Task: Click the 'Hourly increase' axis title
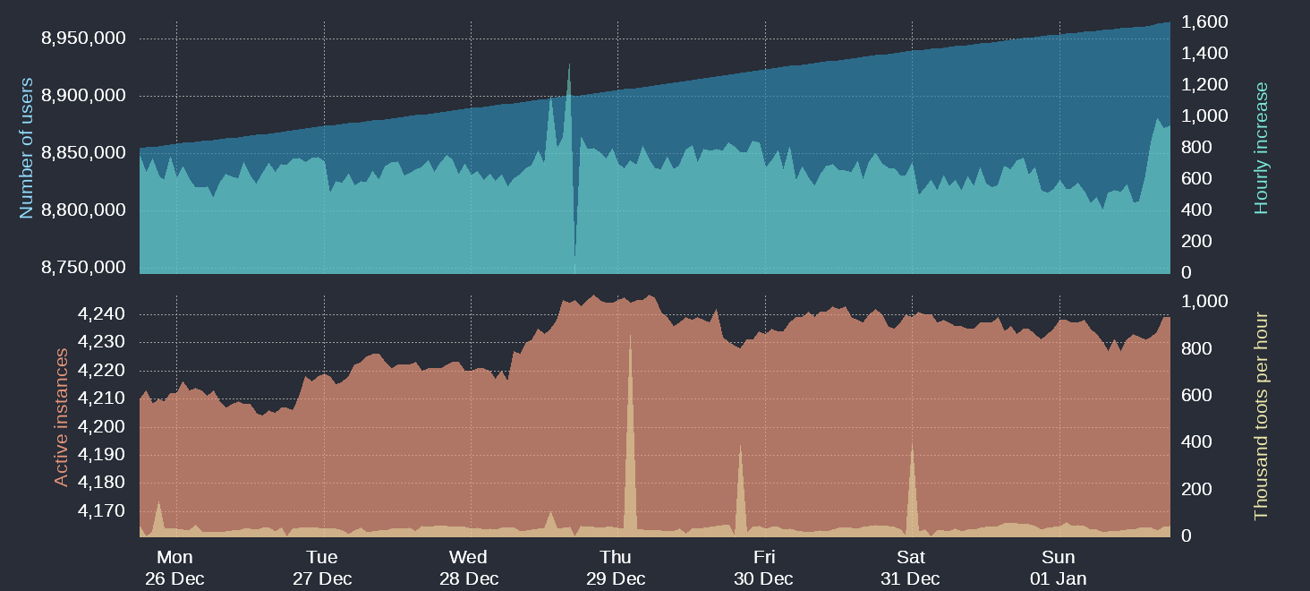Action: click(1262, 148)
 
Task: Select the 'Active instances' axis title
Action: click(61, 417)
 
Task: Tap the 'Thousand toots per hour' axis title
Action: click(1262, 415)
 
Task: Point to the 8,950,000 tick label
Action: click(83, 39)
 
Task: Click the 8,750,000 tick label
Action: click(83, 267)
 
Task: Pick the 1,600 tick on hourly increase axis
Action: click(1204, 21)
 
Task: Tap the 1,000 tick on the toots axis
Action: click(1204, 302)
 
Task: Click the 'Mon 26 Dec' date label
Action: click(174, 568)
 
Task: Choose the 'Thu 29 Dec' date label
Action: click(616, 568)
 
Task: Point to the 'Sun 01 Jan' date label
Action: click(1059, 568)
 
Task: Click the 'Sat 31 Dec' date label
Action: click(911, 568)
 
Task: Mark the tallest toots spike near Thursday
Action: click(630, 336)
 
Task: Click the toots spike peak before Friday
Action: click(740, 445)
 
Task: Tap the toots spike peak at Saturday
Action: click(912, 443)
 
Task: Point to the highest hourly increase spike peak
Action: click(569, 64)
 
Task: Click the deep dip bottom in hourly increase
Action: click(574, 256)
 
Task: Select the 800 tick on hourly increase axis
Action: click(1198, 148)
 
